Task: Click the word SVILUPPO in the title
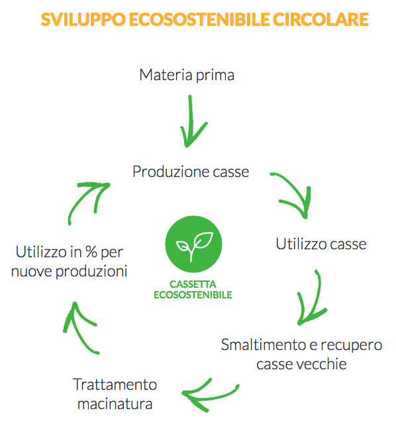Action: click(83, 19)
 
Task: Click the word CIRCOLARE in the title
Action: click(321, 19)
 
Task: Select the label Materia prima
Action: click(187, 75)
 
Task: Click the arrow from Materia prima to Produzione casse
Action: click(191, 121)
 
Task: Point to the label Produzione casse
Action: click(191, 172)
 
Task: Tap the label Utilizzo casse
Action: click(321, 244)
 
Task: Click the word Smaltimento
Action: click(268, 345)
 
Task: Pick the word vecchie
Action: click(321, 364)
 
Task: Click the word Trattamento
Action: click(115, 385)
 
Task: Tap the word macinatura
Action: click(115, 404)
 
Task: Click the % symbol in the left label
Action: click(91, 251)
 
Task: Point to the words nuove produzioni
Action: click(70, 271)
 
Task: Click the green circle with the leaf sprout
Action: click(193, 244)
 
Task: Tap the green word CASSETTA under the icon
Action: click(193, 284)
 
